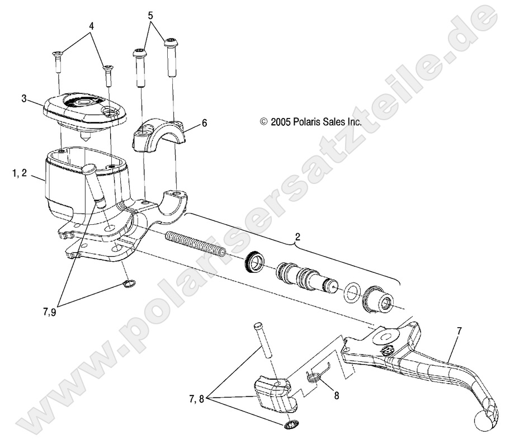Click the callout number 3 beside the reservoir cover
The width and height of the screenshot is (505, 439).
pos(24,98)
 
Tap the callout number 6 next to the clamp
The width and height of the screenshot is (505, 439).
pos(188,122)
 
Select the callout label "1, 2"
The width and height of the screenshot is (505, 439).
pos(19,174)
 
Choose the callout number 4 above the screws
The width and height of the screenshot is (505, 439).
pos(91,26)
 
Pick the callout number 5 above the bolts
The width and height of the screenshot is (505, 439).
pos(150,16)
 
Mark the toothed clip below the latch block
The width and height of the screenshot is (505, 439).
pos(290,426)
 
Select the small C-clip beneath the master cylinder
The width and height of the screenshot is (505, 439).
pos(129,285)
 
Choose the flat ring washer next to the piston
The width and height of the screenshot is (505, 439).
pos(352,291)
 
